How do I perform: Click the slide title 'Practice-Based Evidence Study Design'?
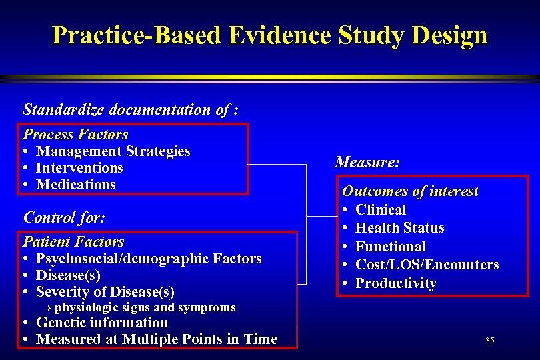tap(269, 35)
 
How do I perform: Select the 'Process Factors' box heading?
tap(75, 134)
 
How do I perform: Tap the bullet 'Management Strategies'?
tap(113, 151)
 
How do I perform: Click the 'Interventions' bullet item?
tap(79, 168)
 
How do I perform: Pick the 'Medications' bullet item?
tap(75, 185)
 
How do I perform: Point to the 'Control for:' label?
tap(64, 217)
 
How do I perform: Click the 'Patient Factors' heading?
tap(73, 241)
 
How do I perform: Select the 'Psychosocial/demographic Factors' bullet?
tap(148, 259)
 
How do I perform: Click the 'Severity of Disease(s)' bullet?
tap(105, 292)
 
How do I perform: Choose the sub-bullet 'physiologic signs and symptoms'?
tap(145, 307)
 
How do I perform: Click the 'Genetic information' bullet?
tap(101, 323)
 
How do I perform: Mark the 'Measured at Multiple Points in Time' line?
tap(156, 339)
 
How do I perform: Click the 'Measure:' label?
tap(367, 162)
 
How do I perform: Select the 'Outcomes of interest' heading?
tap(410, 191)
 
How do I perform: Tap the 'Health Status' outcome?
tap(399, 228)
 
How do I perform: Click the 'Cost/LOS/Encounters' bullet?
tap(427, 265)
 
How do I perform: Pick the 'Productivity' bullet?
tap(395, 283)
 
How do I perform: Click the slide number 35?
tap(489, 341)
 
